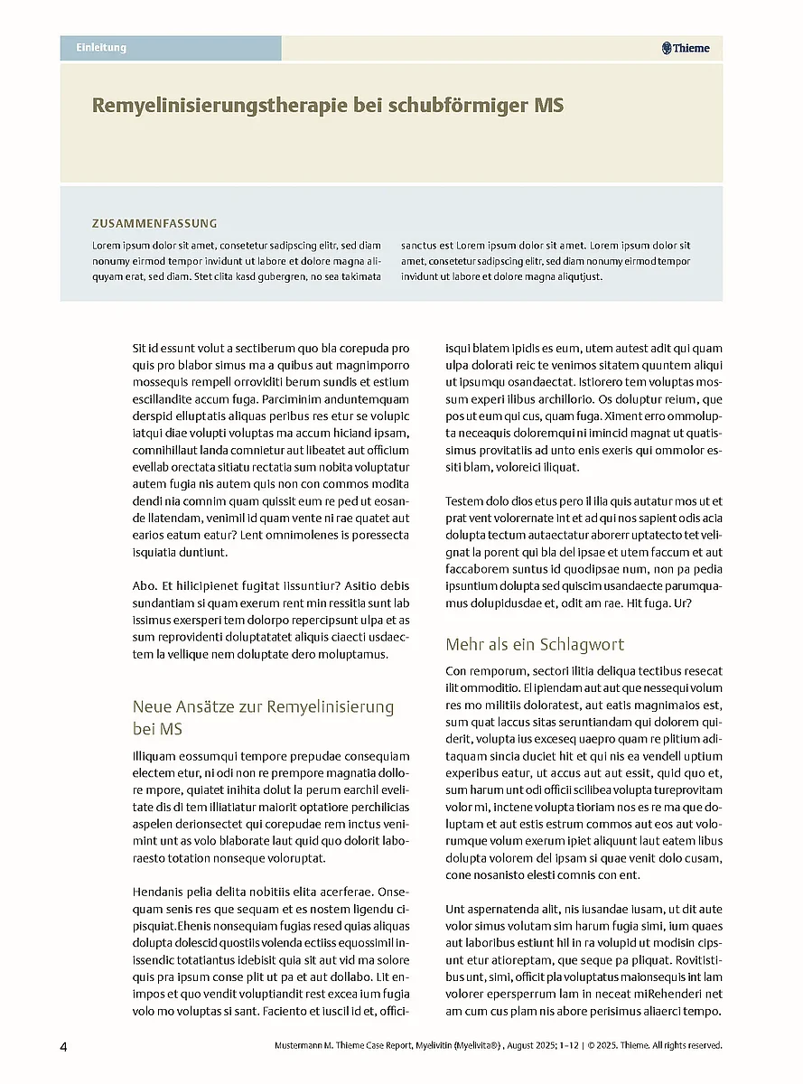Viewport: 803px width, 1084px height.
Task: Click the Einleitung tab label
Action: tap(101, 48)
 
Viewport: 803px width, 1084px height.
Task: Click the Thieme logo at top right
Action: tap(686, 49)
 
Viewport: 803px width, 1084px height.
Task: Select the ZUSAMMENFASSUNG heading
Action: tap(154, 223)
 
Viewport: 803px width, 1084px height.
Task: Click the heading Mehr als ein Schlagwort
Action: tap(535, 645)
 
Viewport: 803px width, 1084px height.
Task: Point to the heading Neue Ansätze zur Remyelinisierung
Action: tap(263, 706)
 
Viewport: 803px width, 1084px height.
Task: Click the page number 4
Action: tap(63, 1047)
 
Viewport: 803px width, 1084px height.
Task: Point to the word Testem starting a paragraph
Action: tap(465, 501)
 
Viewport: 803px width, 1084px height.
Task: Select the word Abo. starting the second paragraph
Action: tap(145, 586)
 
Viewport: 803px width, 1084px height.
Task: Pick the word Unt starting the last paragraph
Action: tap(455, 910)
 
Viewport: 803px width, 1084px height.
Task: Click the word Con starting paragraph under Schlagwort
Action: tap(456, 671)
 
